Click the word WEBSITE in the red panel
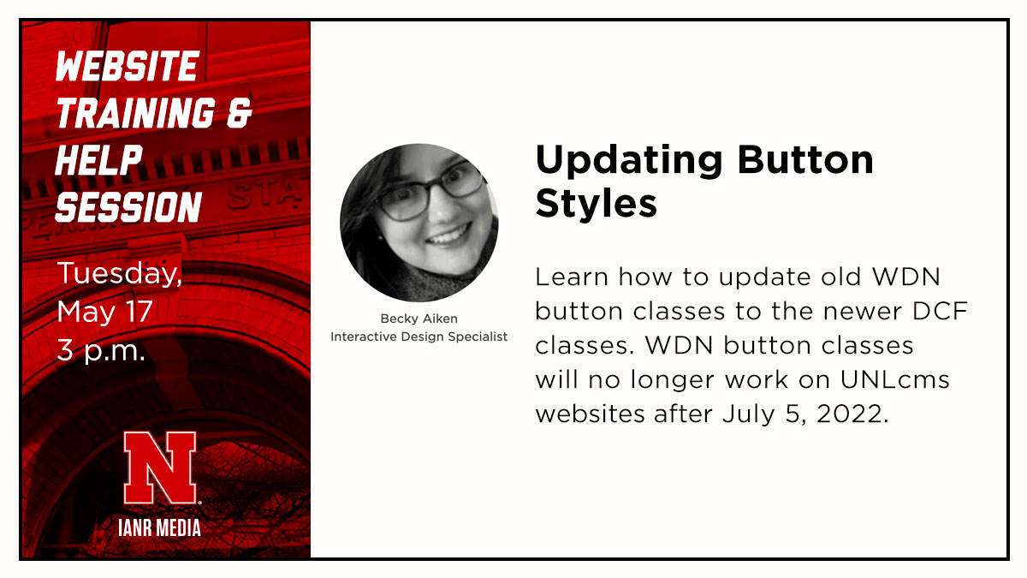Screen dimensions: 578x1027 click(x=127, y=67)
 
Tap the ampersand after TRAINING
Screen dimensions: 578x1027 click(x=238, y=114)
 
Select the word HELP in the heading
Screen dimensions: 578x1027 click(x=98, y=160)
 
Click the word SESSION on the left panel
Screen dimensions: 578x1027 click(x=128, y=207)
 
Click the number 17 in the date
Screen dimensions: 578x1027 click(x=139, y=312)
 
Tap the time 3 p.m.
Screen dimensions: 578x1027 click(x=101, y=349)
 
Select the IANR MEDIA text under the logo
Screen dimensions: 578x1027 click(x=160, y=527)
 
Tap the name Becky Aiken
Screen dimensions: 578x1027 click(x=419, y=319)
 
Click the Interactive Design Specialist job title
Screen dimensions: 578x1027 click(x=419, y=337)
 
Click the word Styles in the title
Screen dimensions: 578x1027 click(x=597, y=204)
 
